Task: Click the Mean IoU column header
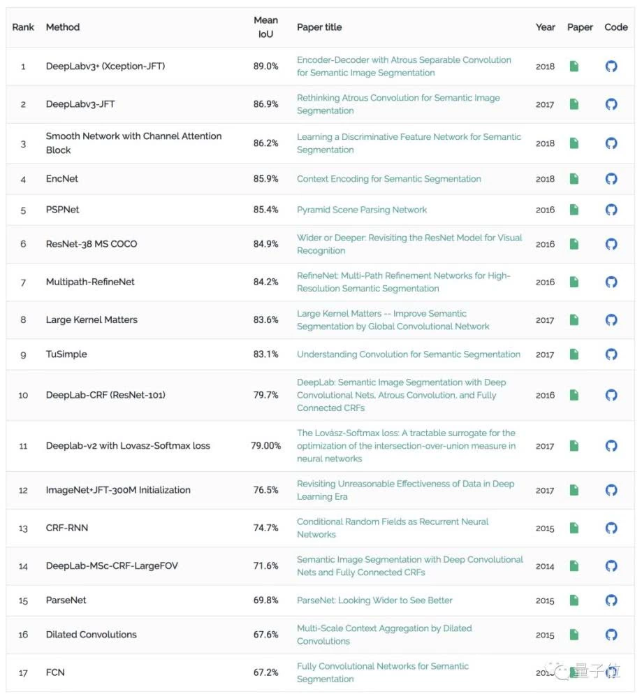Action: point(265,27)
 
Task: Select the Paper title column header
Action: point(319,27)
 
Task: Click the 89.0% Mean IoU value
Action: point(266,66)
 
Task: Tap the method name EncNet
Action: point(62,179)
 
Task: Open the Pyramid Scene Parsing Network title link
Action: point(362,210)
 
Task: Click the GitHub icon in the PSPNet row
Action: point(611,210)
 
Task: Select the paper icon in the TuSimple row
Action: point(574,354)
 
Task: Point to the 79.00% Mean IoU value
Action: point(266,446)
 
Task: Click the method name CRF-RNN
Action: point(67,528)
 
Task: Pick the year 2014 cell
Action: point(545,566)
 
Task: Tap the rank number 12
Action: point(23,491)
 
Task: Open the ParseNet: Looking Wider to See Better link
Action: point(374,600)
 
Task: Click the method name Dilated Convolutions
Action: point(92,635)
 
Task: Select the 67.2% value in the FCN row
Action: point(266,672)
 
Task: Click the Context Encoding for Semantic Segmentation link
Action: point(389,179)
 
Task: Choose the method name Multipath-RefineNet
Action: point(90,282)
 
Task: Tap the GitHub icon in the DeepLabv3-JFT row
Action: point(611,104)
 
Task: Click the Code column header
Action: point(616,27)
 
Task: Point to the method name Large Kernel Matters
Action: point(92,320)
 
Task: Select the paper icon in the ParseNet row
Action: point(574,600)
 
